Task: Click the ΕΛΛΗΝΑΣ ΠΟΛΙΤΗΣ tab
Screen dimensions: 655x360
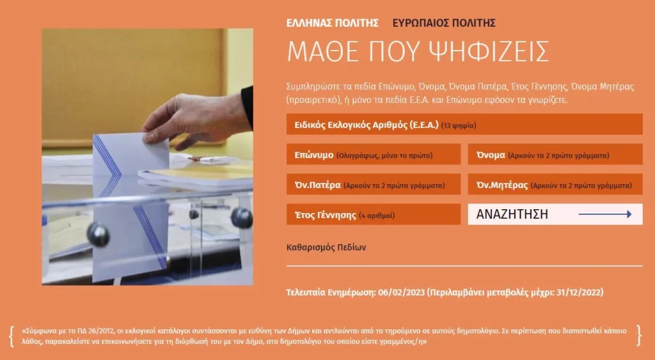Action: [333, 23]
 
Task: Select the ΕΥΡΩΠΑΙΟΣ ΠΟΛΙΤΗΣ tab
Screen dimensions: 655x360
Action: [444, 23]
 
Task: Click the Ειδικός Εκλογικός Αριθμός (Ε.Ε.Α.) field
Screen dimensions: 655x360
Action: [464, 125]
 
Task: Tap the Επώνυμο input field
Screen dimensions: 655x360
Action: [374, 155]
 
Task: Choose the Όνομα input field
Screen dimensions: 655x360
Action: [555, 155]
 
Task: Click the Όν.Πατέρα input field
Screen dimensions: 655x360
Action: [374, 185]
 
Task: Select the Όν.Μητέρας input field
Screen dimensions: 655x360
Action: [555, 185]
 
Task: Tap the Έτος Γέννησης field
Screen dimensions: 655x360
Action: [374, 215]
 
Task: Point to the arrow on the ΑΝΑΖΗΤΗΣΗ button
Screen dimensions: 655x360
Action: [605, 214]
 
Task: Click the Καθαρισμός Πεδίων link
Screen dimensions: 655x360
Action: [326, 247]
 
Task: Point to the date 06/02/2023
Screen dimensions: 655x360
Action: [402, 292]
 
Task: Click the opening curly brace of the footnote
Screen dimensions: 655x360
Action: [12, 336]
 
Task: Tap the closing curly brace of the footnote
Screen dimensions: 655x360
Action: [639, 335]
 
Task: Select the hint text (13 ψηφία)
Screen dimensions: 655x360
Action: [459, 125]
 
